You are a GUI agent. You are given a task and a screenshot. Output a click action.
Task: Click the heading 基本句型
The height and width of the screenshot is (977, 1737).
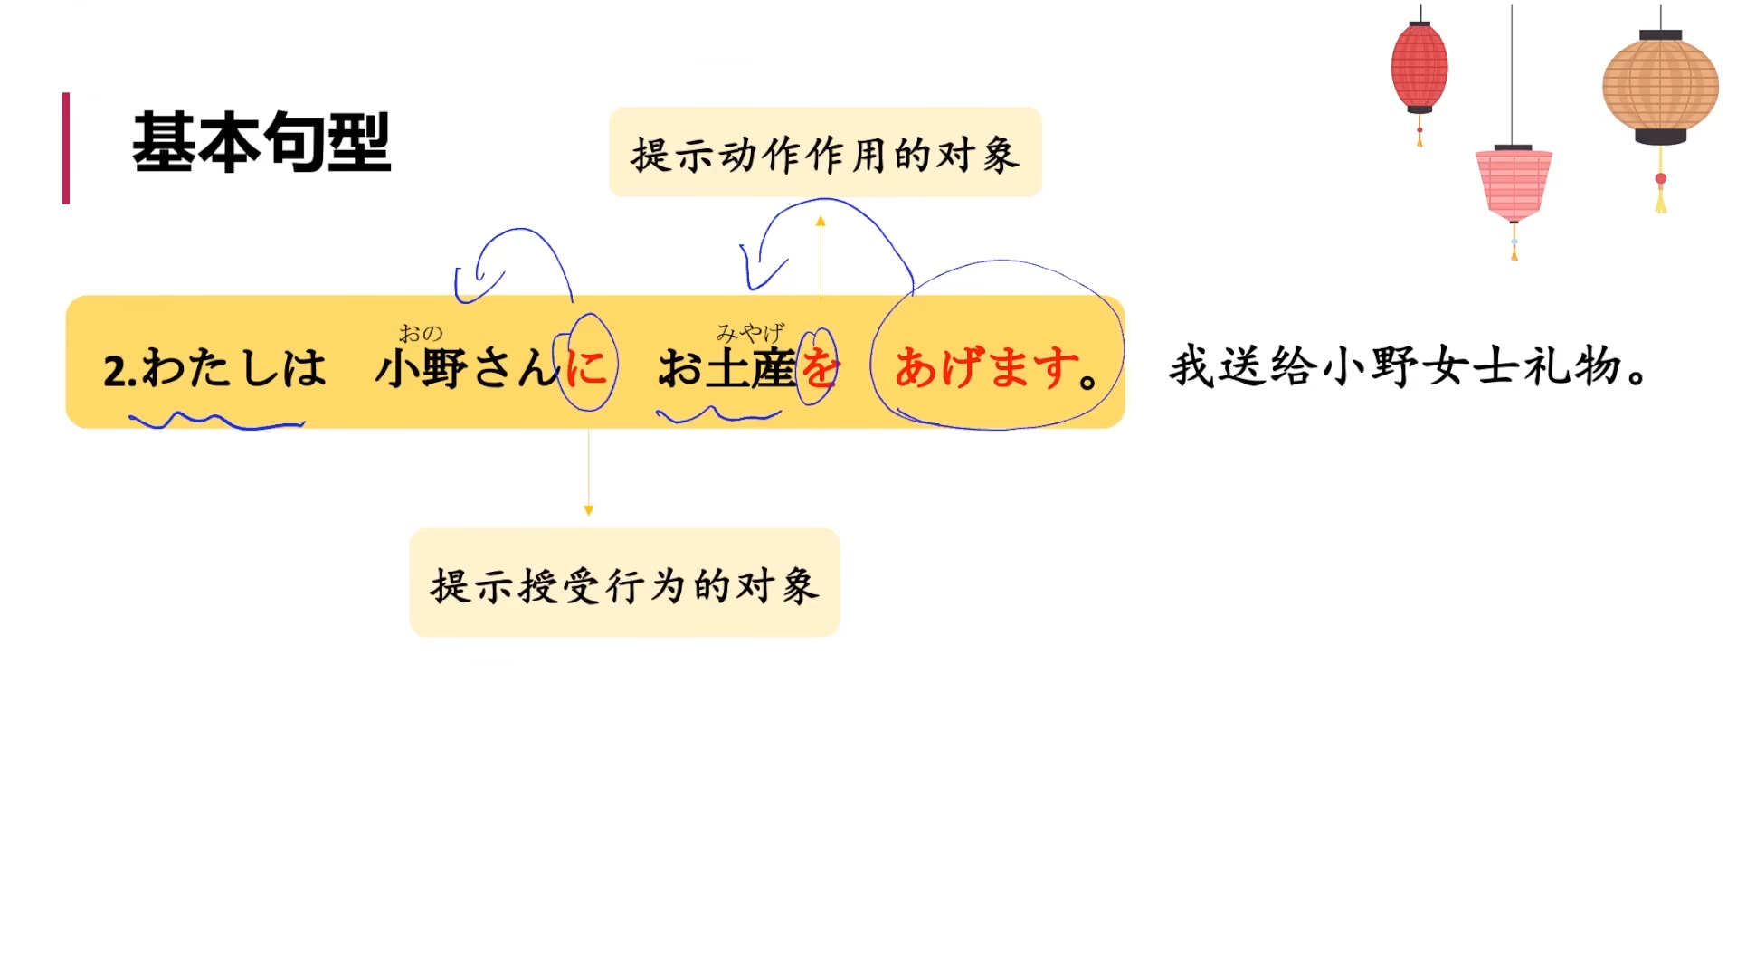[x=261, y=143]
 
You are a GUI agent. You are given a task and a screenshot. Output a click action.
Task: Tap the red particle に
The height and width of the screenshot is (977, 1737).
[x=586, y=366]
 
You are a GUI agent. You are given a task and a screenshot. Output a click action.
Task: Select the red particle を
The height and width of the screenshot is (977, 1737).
[x=819, y=368]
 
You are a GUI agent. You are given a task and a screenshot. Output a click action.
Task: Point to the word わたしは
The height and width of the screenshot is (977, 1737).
[x=233, y=368]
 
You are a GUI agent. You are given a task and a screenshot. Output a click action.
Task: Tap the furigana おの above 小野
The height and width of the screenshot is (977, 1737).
[x=421, y=334]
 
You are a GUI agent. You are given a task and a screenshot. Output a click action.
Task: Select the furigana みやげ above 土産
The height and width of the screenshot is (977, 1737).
[x=750, y=333]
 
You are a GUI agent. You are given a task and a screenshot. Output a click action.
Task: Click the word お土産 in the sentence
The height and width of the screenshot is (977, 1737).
[x=726, y=368]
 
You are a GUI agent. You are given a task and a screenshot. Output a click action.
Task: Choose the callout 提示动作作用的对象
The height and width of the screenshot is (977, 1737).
[x=825, y=153]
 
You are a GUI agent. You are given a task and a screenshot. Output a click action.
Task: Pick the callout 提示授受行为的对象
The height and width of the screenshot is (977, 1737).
[x=624, y=584]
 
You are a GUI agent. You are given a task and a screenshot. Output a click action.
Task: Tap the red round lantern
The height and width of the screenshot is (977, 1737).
[x=1419, y=68]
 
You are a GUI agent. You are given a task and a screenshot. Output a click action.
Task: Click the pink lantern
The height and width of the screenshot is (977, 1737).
[x=1514, y=184]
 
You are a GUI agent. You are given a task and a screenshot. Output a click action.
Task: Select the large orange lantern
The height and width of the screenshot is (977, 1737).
[x=1660, y=87]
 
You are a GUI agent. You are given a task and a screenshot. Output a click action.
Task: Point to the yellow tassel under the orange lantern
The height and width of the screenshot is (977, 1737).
[x=1661, y=200]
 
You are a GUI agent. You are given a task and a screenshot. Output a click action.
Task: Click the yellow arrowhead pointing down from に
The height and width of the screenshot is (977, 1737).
[x=588, y=510]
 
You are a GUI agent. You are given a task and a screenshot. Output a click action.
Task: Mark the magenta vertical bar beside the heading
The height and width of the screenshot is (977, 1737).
[x=66, y=147]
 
